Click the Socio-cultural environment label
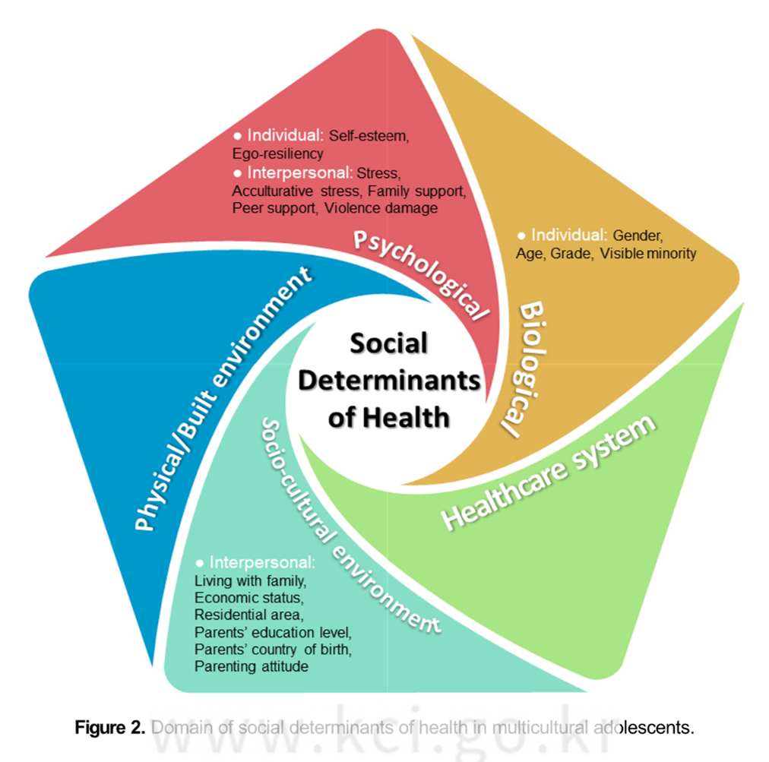(x=346, y=523)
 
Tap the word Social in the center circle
(x=389, y=344)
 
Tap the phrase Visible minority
(x=647, y=254)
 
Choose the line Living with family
(x=250, y=582)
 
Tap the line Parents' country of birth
(x=274, y=650)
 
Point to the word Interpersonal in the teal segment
(x=261, y=563)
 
